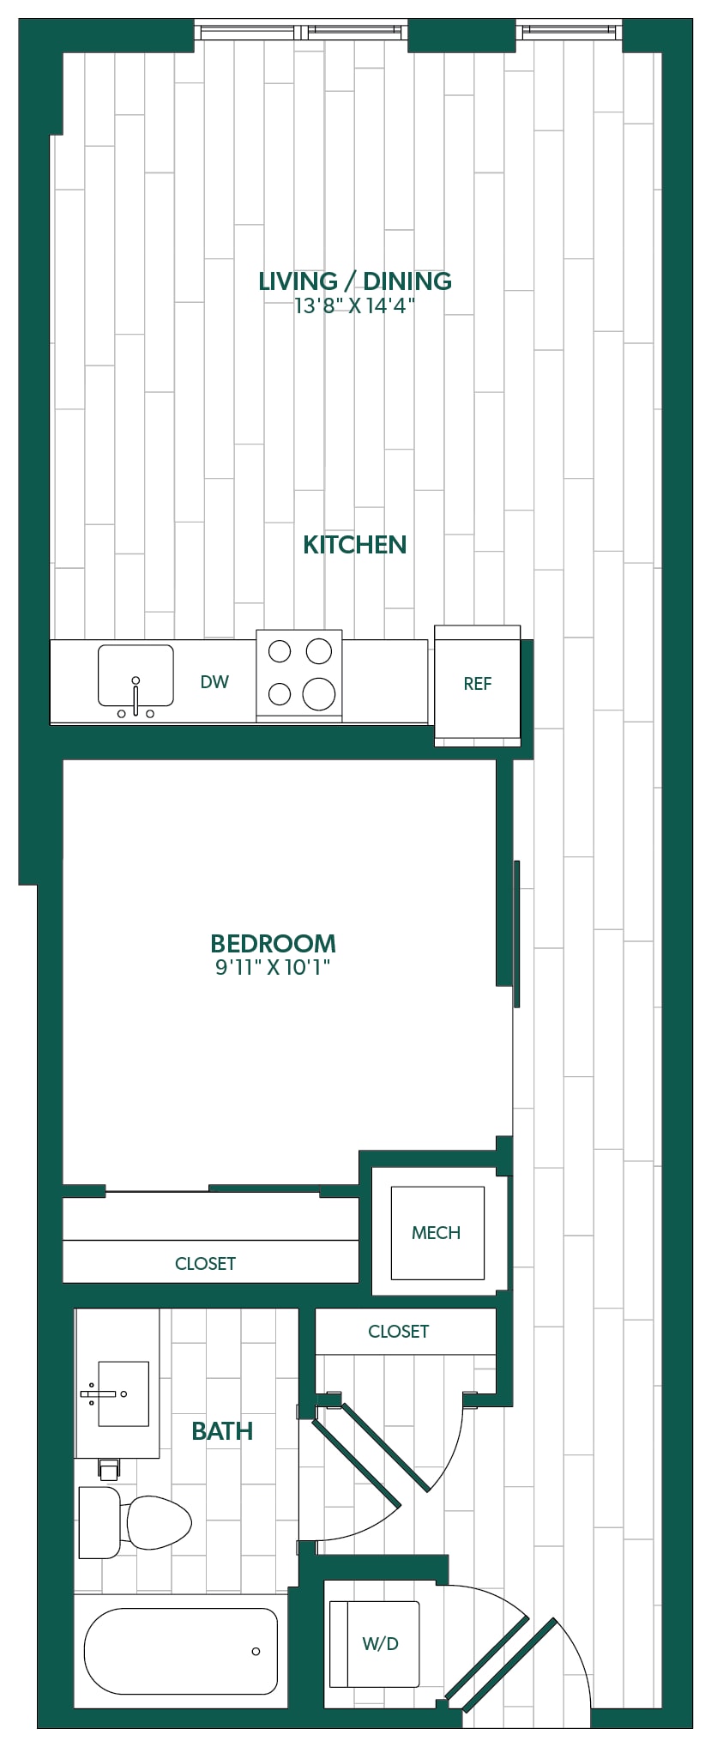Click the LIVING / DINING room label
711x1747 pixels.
355,281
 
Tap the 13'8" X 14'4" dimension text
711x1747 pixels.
355,306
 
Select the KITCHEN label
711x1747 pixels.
355,545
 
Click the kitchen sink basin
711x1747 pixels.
136,674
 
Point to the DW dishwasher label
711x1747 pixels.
214,682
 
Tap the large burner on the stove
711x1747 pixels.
318,693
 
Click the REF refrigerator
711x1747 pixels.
477,686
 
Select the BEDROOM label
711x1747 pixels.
273,943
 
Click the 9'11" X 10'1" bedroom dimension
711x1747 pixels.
273,968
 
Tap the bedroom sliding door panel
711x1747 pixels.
516,934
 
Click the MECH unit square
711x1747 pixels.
437,1233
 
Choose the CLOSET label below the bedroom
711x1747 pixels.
205,1263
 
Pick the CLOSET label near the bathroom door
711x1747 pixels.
398,1331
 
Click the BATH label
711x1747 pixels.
222,1430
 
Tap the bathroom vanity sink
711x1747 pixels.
124,1393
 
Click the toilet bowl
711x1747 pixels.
158,1522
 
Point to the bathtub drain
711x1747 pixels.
256,1651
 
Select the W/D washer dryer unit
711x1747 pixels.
375,1643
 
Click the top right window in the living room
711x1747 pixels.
569,32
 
